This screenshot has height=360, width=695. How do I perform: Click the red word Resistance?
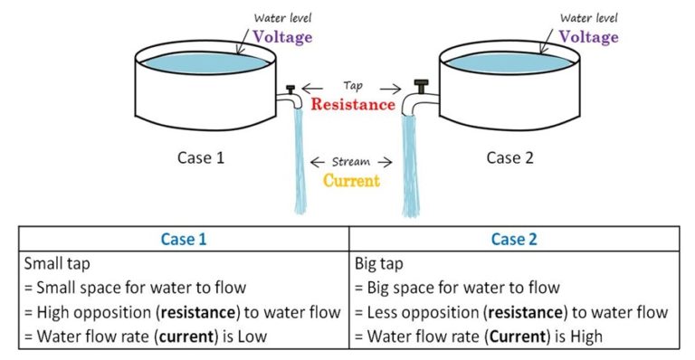tap(352, 104)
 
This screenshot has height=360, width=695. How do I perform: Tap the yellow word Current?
tap(351, 179)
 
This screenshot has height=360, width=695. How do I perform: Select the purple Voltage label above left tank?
tap(281, 37)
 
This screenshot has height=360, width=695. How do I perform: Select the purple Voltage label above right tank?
tap(588, 37)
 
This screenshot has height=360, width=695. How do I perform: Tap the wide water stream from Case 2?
tap(412, 163)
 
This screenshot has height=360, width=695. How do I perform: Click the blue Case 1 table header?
tap(183, 239)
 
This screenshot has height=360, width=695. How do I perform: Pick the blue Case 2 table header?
tap(514, 239)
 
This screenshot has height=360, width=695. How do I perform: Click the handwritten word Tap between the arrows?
tap(353, 86)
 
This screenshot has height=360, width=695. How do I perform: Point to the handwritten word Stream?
tap(352, 162)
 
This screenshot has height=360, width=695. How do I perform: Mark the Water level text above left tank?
tap(282, 17)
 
